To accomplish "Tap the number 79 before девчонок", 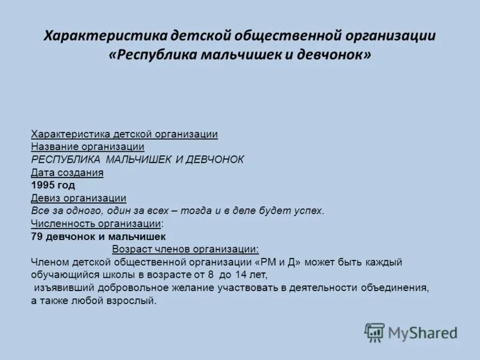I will click(x=36, y=236).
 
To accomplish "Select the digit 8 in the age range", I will click(x=211, y=275).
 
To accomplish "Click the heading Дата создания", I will click(x=67, y=173).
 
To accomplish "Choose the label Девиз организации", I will click(x=79, y=198).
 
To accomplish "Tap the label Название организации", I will click(x=88, y=147).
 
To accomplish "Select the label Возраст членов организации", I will click(x=185, y=249).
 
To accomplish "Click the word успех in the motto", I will click(x=309, y=211).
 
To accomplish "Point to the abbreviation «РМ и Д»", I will click(x=278, y=262).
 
